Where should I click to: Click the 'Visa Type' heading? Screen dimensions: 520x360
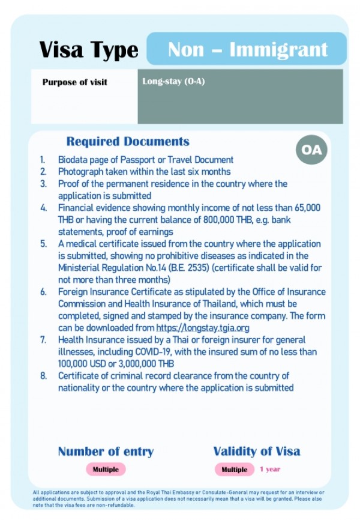click(x=89, y=50)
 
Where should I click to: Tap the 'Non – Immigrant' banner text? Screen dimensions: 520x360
click(x=247, y=49)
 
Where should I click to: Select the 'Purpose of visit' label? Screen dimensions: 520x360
click(x=74, y=82)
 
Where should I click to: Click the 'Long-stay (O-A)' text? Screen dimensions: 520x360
click(x=173, y=82)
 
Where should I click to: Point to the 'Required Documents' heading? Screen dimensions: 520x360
click(x=128, y=142)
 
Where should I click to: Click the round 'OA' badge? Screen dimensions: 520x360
click(x=311, y=150)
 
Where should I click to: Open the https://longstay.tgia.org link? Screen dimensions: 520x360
click(x=202, y=328)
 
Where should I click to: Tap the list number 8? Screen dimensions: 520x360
click(x=43, y=376)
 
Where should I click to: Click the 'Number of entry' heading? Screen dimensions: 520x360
click(x=106, y=452)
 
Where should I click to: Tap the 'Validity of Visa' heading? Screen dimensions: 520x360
click(x=256, y=451)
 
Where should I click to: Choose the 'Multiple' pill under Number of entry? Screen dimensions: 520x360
click(x=106, y=469)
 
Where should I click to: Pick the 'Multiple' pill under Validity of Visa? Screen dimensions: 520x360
click(x=234, y=470)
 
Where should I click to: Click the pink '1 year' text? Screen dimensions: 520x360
click(x=269, y=469)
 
